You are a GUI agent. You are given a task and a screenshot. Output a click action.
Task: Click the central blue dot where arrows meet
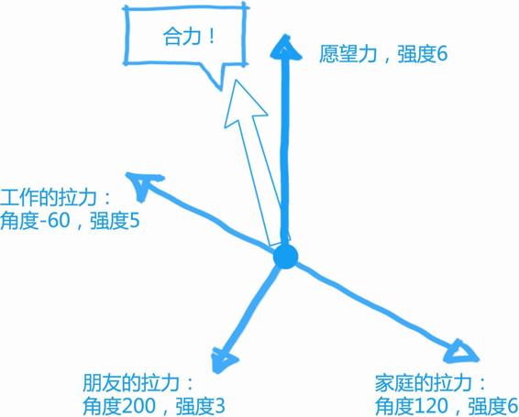(x=286, y=257)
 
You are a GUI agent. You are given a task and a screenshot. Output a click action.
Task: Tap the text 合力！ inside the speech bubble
(x=189, y=37)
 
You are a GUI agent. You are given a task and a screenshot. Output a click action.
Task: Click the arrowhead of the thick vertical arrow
(x=286, y=47)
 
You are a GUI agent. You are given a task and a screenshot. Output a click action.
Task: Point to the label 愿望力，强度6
(x=383, y=53)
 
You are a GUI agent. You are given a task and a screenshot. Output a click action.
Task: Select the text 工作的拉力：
(x=55, y=198)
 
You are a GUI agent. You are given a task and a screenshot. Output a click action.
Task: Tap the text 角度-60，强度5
(x=70, y=221)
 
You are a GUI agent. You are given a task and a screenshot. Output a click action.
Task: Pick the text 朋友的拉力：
(x=138, y=383)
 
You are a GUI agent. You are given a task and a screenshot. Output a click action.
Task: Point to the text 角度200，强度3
(x=154, y=406)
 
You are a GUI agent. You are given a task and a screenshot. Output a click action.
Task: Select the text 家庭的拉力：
(x=430, y=383)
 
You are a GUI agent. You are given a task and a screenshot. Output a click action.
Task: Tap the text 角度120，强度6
(x=447, y=406)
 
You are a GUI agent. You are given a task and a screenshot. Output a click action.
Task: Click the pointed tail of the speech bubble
(x=221, y=90)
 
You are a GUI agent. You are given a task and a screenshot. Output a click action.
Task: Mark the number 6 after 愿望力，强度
(x=442, y=54)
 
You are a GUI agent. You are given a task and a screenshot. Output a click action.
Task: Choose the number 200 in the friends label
(x=138, y=406)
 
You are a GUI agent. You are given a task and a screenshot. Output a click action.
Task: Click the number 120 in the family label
(x=431, y=406)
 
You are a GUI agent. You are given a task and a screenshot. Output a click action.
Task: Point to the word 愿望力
(x=348, y=53)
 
